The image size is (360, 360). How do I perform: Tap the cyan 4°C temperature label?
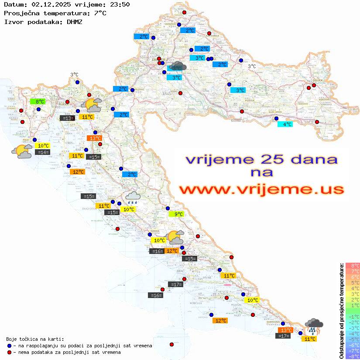click(285, 124)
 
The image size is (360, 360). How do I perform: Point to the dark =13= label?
click(67, 118)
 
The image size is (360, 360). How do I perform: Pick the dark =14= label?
click(43, 152)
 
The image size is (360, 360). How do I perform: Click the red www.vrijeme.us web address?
click(261, 190)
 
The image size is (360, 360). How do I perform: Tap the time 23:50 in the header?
click(120, 4)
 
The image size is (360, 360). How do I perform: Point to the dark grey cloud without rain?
click(178, 66)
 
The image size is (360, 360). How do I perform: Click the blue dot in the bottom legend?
click(9, 346)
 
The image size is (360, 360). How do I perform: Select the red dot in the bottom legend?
click(9, 352)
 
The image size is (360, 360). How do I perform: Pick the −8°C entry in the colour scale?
click(352, 356)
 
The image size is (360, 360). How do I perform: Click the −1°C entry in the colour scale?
click(352, 316)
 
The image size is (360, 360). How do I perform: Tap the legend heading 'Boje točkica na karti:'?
click(35, 339)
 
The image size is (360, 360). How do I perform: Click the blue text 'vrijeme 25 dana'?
click(261, 159)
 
